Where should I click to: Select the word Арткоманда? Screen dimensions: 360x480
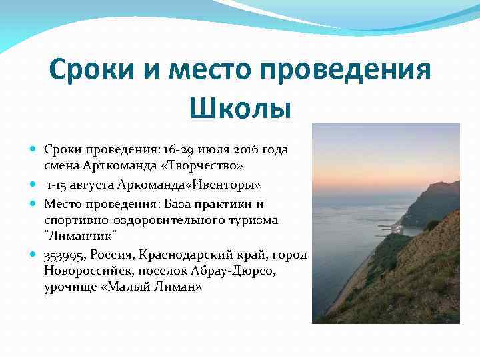pyautogui.click(x=115, y=165)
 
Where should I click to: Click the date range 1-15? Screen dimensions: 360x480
pyautogui.click(x=57, y=184)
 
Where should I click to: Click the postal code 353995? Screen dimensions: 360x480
pyautogui.click(x=65, y=255)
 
